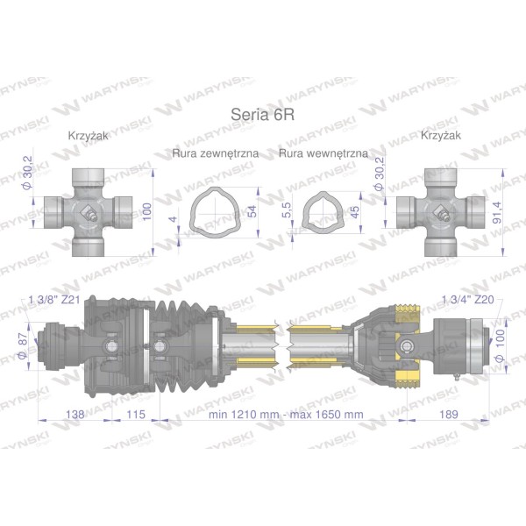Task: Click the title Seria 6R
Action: click(x=263, y=114)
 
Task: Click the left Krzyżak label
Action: click(x=89, y=136)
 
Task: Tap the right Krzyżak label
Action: click(x=441, y=135)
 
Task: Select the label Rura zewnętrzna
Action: click(x=216, y=153)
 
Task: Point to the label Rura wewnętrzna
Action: click(x=323, y=153)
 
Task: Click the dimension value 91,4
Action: click(x=497, y=212)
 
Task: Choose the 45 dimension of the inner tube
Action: click(x=354, y=211)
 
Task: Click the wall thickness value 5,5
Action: click(x=287, y=210)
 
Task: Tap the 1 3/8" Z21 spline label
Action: click(x=54, y=300)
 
